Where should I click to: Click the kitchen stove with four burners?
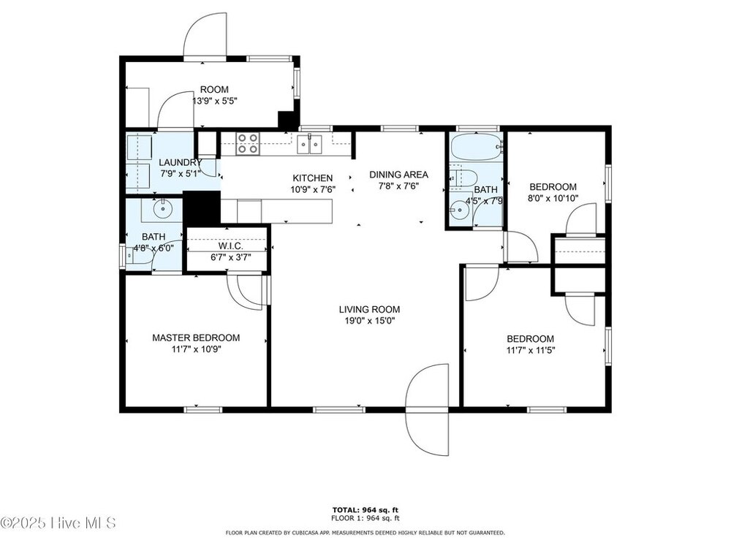[x=248, y=143]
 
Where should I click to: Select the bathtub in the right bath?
[x=477, y=148]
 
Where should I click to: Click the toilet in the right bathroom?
[x=463, y=177]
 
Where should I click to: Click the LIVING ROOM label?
[x=369, y=309]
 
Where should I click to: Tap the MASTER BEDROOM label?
[x=196, y=338]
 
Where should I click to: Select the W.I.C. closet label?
[x=230, y=246]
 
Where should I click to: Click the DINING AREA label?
[x=398, y=175]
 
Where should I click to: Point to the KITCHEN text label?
[x=312, y=178]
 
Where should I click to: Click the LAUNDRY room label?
[x=180, y=163]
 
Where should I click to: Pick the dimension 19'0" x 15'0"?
[x=369, y=321]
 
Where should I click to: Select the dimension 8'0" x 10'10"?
[x=553, y=198]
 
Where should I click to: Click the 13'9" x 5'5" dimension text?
[x=215, y=101]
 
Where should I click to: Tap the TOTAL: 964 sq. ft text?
[x=365, y=510]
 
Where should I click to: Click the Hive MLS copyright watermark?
[x=58, y=523]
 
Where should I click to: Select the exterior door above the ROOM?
[x=205, y=35]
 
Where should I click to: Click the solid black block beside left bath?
[x=202, y=208]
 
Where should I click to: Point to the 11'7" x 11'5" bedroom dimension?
[x=531, y=351]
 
